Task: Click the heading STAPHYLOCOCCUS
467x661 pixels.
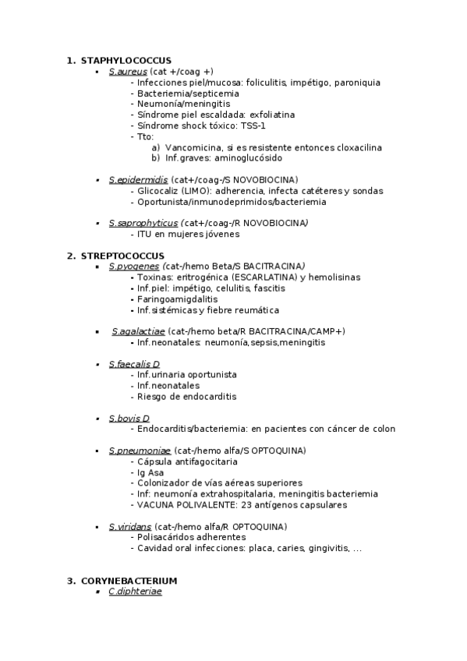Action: coord(126,61)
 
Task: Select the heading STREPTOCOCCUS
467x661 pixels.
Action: coord(122,256)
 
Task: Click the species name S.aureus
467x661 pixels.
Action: coord(128,72)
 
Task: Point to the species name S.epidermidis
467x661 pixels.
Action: coord(138,179)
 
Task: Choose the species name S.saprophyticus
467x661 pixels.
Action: coord(143,223)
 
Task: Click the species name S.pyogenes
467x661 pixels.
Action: coord(133,267)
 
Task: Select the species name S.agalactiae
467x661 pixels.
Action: coord(138,331)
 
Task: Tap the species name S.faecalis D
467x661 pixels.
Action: coord(134,364)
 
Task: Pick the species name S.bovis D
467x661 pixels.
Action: coord(129,418)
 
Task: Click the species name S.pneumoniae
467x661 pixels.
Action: coord(140,451)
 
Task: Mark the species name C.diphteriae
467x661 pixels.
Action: coord(136,592)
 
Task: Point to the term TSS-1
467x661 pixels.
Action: coord(252,125)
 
